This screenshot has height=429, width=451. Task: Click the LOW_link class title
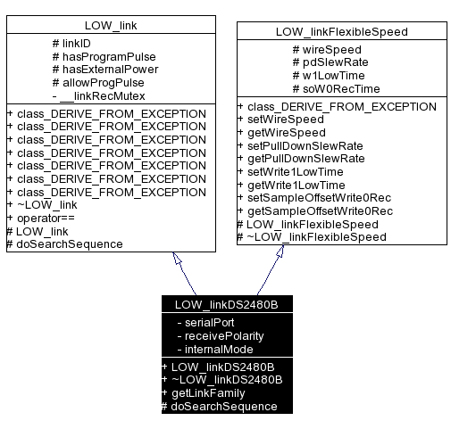[111, 24]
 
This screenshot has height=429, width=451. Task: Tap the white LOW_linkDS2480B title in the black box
[227, 304]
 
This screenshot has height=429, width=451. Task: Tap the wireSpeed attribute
[330, 50]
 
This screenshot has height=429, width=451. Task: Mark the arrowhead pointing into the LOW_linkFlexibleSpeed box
[280, 252]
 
